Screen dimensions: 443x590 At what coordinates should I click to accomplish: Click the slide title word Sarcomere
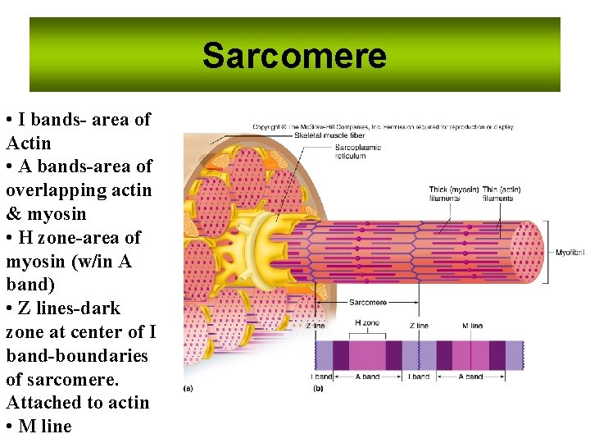(294, 56)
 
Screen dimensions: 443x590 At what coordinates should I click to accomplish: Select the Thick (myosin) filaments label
(453, 194)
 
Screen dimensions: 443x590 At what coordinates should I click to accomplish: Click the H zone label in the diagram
(367, 323)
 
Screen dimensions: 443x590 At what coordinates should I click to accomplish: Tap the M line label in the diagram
(473, 326)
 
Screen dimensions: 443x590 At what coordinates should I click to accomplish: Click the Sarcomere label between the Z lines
(367, 303)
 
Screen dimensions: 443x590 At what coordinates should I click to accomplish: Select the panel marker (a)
(188, 388)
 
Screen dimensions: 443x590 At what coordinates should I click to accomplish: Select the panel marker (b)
(318, 388)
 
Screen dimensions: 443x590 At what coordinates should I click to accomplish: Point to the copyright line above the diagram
(383, 127)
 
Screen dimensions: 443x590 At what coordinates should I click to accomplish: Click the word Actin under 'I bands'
(28, 144)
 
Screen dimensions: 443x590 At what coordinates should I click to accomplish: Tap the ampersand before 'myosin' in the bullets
(12, 214)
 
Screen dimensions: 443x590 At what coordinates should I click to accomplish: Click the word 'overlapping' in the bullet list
(49, 190)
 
